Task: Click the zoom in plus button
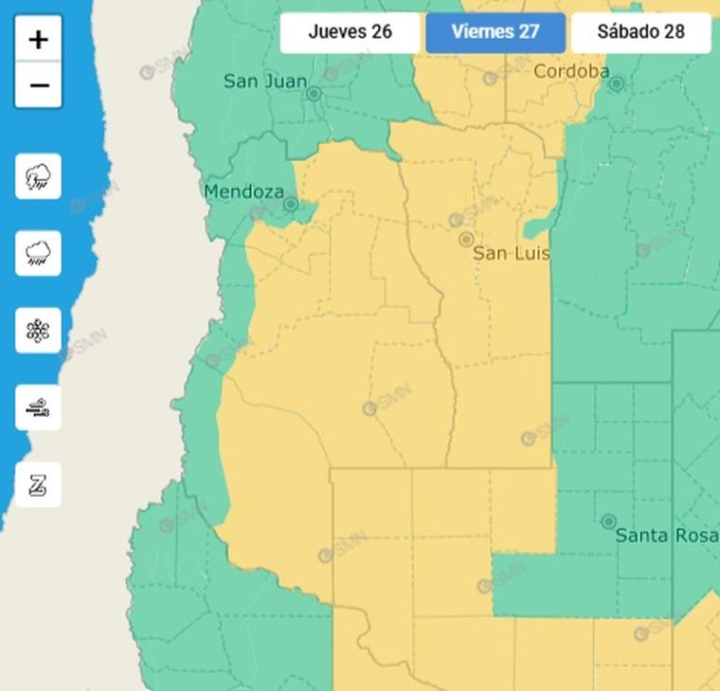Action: (x=38, y=39)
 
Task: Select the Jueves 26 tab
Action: (x=350, y=32)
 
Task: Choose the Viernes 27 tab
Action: (x=495, y=32)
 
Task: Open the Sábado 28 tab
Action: (x=640, y=32)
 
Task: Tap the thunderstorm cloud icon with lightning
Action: (x=38, y=176)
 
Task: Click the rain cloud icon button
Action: (x=38, y=253)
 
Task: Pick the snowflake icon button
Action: (x=38, y=331)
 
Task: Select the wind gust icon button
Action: (x=38, y=408)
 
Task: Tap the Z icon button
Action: (x=38, y=484)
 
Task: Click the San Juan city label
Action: (x=264, y=82)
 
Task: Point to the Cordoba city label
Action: (x=570, y=71)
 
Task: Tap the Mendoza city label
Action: (x=243, y=191)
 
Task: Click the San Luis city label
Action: (x=511, y=254)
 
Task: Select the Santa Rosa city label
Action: (x=666, y=536)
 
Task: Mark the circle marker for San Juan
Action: (x=314, y=94)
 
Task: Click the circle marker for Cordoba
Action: (x=617, y=84)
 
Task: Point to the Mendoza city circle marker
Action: (x=291, y=204)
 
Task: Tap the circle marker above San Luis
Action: (x=466, y=239)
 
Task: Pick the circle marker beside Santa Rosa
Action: (x=609, y=521)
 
